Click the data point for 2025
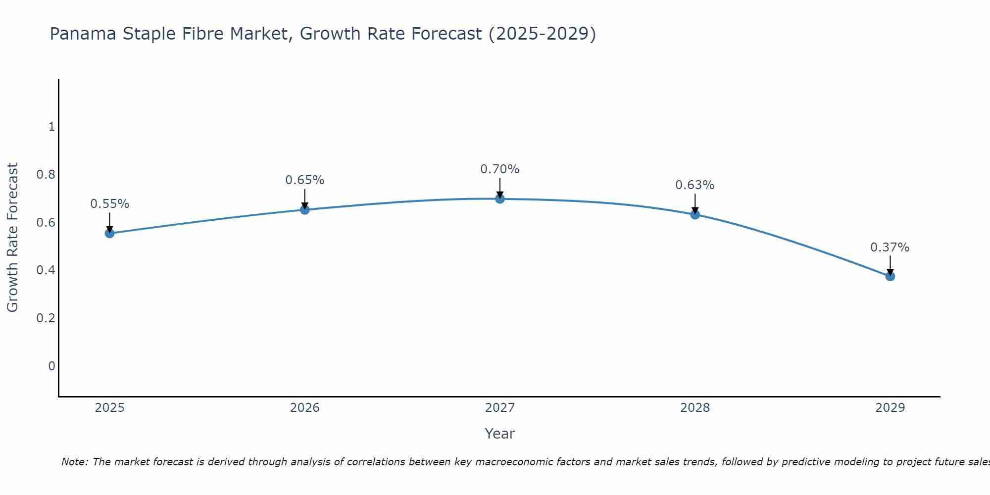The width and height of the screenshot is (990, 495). coord(109,233)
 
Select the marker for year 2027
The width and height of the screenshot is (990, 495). coord(500,199)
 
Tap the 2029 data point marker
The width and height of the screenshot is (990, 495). coord(890,276)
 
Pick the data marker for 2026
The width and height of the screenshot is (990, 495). coord(305,210)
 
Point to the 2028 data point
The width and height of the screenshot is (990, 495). coord(695,214)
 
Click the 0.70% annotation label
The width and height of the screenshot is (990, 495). coord(500,169)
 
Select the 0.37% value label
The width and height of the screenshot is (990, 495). coord(890,247)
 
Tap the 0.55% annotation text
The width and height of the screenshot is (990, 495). coord(109,204)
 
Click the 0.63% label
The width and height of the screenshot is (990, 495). coord(695,185)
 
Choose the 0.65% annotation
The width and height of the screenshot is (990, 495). coord(305,180)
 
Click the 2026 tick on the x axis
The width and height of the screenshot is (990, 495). coord(305,408)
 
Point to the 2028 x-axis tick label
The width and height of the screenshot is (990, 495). coord(695,408)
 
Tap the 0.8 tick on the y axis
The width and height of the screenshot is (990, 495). coord(46,175)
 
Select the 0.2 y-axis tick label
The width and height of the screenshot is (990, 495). coord(46,318)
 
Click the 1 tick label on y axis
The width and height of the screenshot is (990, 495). coord(51,127)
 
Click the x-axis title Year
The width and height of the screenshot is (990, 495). coord(500,434)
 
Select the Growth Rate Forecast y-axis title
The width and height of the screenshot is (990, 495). coord(12,238)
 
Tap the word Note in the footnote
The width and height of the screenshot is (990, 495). coord(74,462)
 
